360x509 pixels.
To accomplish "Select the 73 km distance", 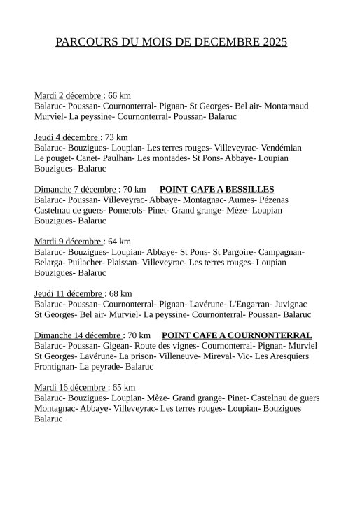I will click(116, 137).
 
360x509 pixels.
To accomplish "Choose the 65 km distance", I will click(123, 387).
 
